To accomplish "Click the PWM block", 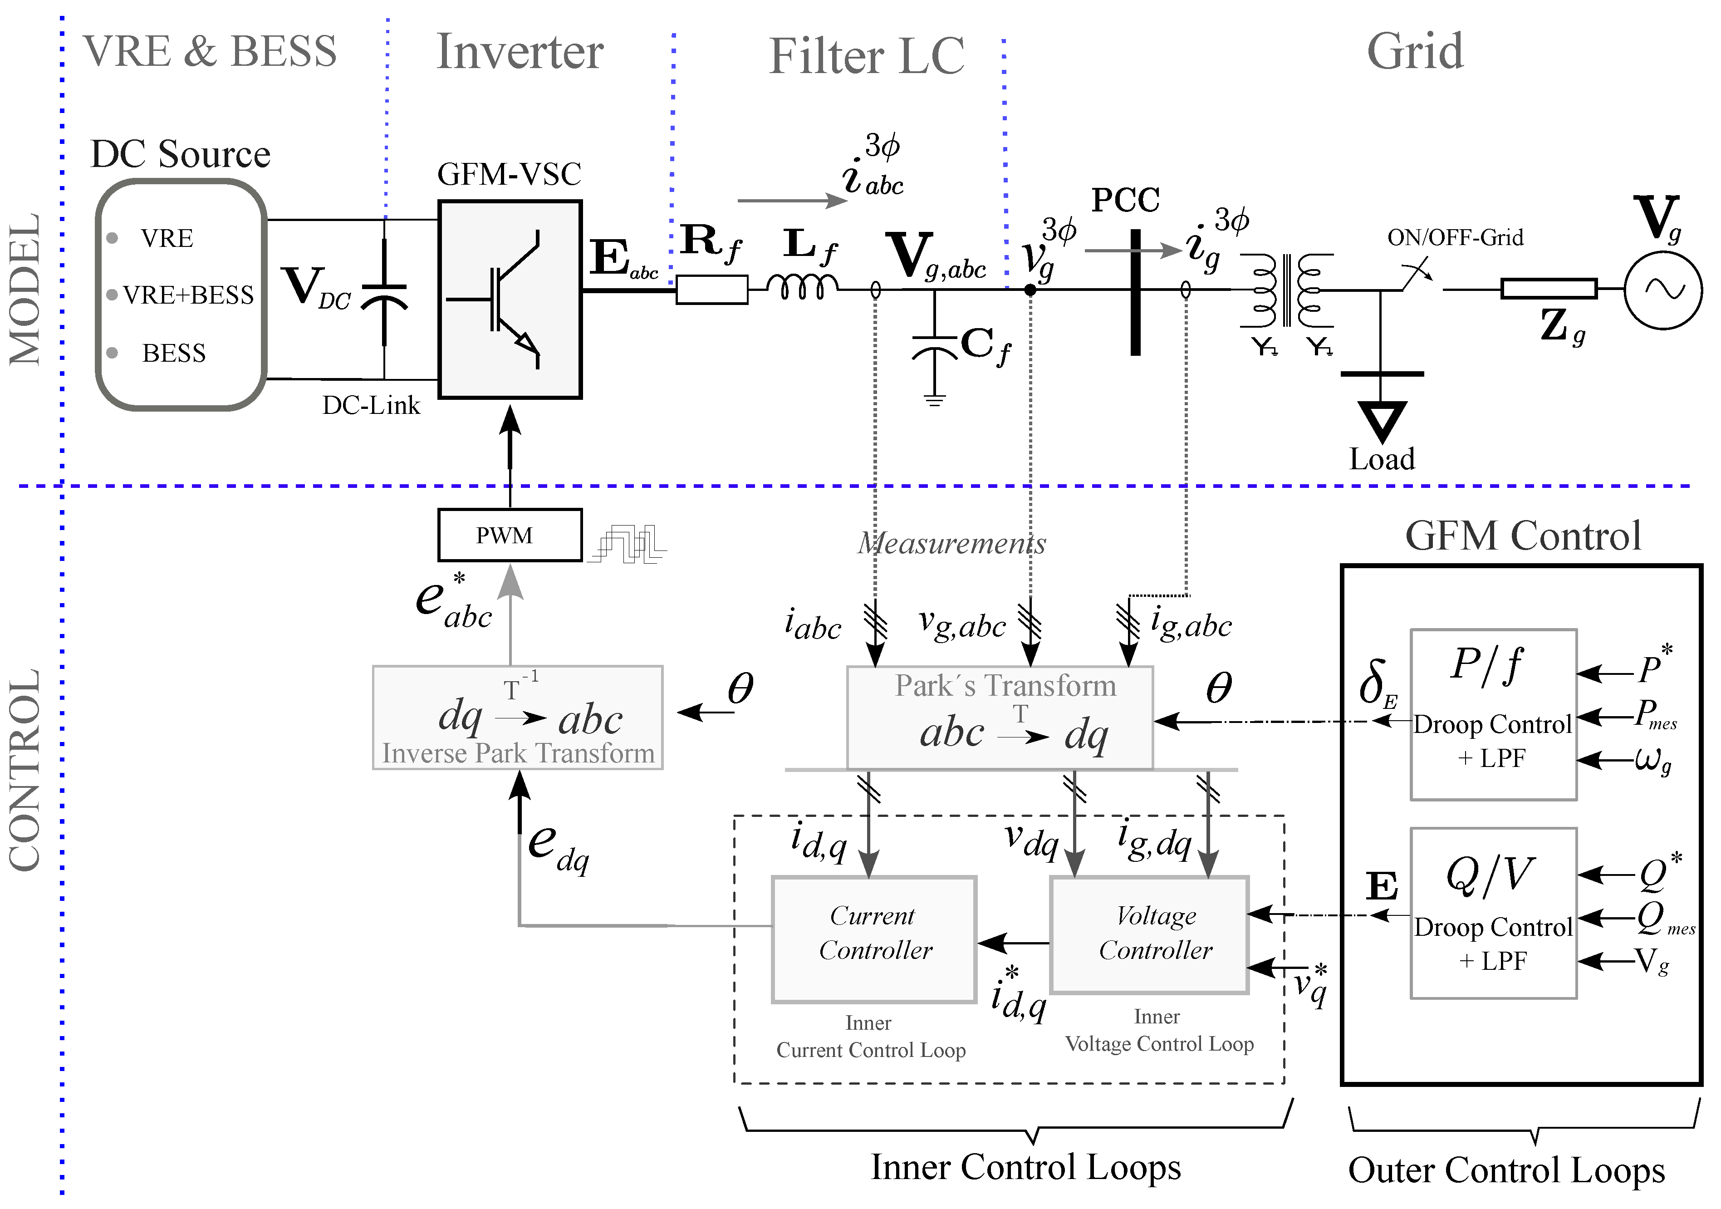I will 510,535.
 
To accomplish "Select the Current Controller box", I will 874,939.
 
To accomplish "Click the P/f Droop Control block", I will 1493,714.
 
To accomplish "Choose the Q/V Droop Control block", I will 1493,913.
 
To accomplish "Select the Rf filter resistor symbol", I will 711,290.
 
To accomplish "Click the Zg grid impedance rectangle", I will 1549,289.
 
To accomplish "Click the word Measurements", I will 952,543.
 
